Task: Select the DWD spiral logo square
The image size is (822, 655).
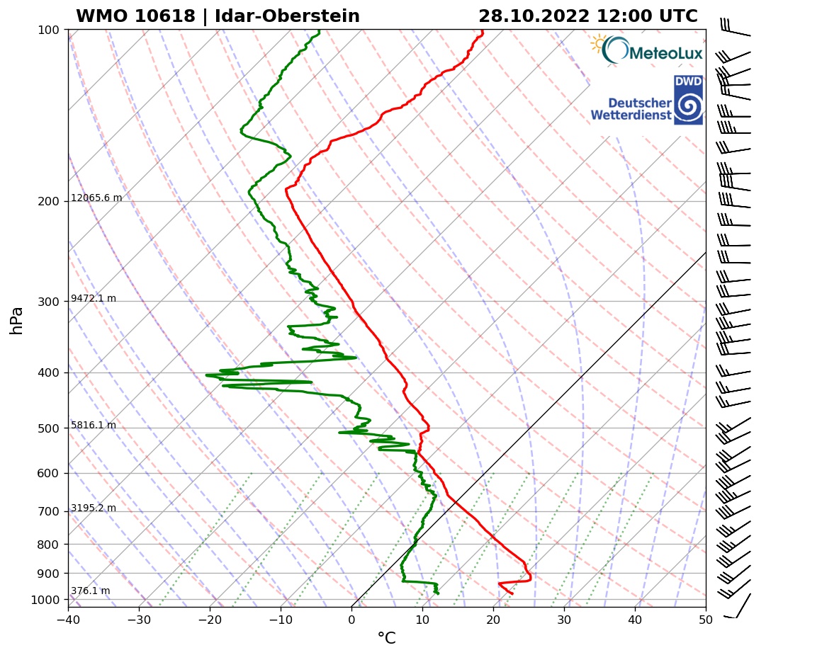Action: click(688, 101)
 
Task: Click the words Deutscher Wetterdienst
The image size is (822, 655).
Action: click(631, 108)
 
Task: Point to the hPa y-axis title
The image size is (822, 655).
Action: click(17, 320)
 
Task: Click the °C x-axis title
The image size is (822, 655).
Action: click(386, 639)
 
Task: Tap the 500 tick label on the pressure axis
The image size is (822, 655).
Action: click(47, 428)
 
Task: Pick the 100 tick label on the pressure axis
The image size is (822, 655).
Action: click(47, 30)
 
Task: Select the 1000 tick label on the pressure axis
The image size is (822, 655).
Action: click(45, 600)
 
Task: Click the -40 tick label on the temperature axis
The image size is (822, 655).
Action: click(68, 619)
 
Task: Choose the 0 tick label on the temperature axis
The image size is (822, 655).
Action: click(351, 619)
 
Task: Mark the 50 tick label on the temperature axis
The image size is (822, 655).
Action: click(706, 619)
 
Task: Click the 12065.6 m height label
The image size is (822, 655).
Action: click(96, 198)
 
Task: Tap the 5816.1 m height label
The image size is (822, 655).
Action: click(94, 426)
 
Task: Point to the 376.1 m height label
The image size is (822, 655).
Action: click(90, 591)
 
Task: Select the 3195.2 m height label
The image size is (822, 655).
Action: click(94, 508)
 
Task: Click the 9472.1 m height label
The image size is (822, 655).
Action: click(94, 299)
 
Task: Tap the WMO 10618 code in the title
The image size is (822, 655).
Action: click(135, 16)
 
